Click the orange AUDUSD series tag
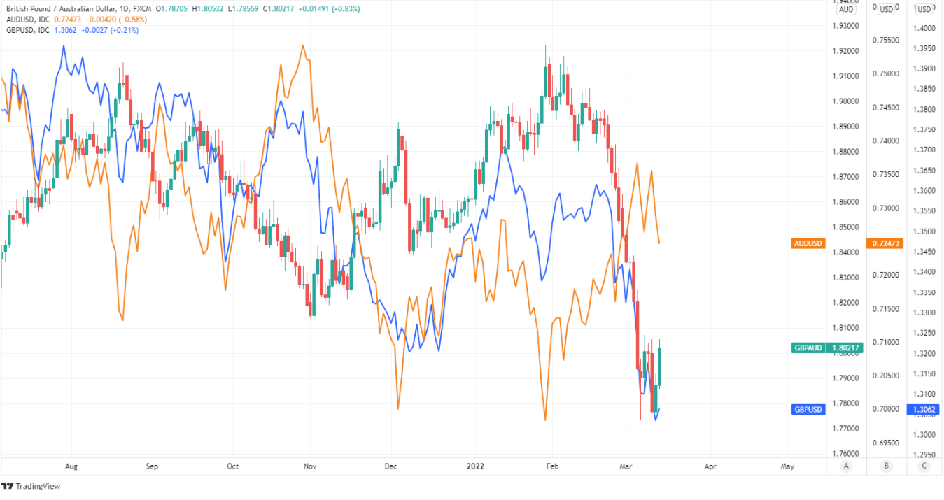pyautogui.click(x=808, y=243)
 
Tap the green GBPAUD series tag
pyautogui.click(x=808, y=348)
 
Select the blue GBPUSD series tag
pyautogui.click(x=808, y=409)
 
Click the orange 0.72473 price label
pyautogui.click(x=885, y=243)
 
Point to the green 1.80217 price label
pyautogui.click(x=845, y=348)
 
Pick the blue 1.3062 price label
pyautogui.click(x=924, y=409)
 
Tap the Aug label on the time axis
pyautogui.click(x=70, y=466)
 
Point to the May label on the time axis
pyautogui.click(x=787, y=466)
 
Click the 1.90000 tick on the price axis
pyautogui.click(x=845, y=101)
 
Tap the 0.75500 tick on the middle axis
pyautogui.click(x=885, y=41)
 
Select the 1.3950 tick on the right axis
pyautogui.click(x=924, y=48)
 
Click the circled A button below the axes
pyautogui.click(x=846, y=466)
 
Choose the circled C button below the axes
pyautogui.click(x=924, y=466)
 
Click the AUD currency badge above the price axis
pyautogui.click(x=846, y=9)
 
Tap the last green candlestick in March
pyautogui.click(x=660, y=366)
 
